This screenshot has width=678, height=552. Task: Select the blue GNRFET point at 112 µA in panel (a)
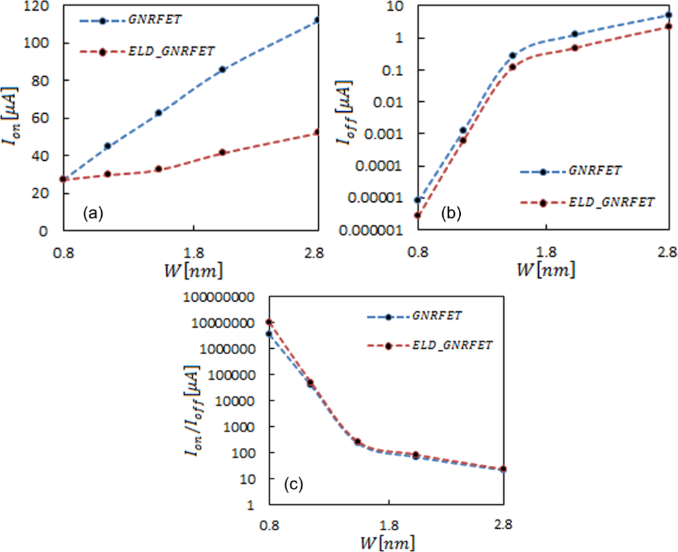317,20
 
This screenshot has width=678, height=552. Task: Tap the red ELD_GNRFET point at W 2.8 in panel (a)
317,132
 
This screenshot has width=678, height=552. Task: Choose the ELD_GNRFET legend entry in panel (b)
583,203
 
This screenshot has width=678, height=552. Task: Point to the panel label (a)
91,213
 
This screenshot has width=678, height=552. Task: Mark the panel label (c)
293,484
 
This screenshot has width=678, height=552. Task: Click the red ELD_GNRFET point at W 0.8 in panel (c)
268,322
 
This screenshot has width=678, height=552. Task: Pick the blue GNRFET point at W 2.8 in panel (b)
669,15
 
